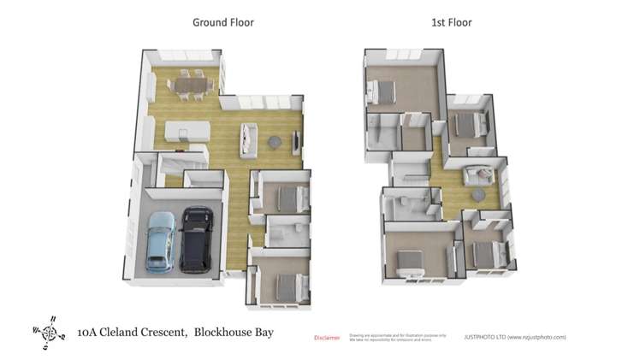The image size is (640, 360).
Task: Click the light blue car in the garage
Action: [161, 241]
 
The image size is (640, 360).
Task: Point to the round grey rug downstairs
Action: [276, 142]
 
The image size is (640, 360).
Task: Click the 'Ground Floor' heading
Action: [222, 22]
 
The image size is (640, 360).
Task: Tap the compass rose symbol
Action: [50, 330]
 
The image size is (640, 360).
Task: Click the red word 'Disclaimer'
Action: [327, 337]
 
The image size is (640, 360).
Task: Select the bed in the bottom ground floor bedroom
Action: [285, 282]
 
